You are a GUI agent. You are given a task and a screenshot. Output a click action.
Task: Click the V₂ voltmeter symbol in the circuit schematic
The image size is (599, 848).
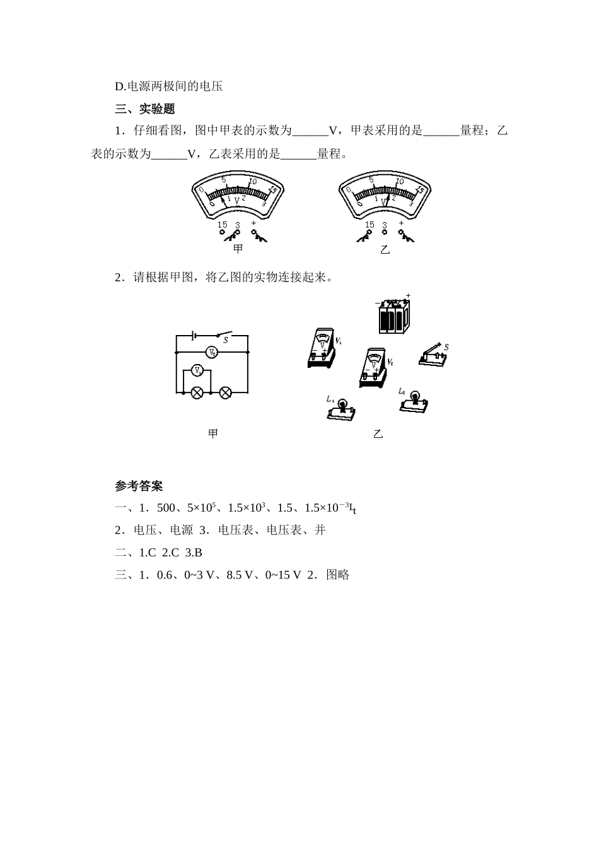click(213, 352)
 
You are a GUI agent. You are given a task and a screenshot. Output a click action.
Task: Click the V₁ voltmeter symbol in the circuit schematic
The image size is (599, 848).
click(197, 371)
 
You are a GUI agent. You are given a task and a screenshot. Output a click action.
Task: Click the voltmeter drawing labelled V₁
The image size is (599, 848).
click(322, 348)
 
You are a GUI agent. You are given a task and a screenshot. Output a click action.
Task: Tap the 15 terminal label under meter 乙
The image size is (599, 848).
click(369, 225)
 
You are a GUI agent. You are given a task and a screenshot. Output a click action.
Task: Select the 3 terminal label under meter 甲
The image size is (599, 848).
click(237, 225)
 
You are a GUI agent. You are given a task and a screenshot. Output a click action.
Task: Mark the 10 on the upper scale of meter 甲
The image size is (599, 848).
click(252, 182)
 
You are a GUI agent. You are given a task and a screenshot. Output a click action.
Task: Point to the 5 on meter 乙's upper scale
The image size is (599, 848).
click(371, 180)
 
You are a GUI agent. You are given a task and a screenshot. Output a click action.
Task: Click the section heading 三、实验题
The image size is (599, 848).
click(144, 109)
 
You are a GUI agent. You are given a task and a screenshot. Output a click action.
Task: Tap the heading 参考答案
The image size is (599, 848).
click(139, 486)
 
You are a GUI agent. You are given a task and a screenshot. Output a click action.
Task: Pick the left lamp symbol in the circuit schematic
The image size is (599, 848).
click(197, 392)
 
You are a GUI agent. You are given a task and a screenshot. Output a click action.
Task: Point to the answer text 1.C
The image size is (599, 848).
click(147, 553)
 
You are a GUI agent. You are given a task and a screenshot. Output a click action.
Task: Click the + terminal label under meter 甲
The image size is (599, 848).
click(254, 223)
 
